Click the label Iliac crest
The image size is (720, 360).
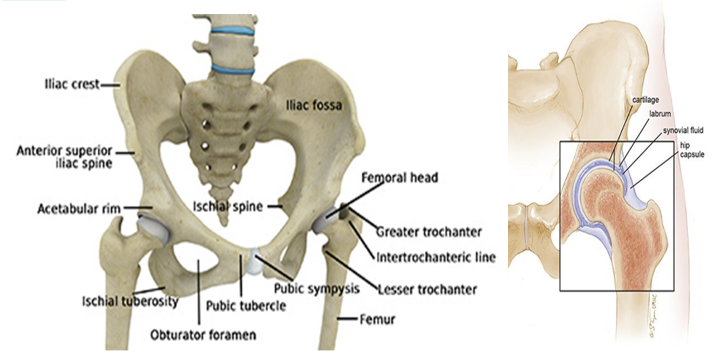point(71,84)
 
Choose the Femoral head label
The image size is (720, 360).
point(399,177)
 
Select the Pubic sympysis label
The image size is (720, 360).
point(316,288)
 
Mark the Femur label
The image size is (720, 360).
point(377,319)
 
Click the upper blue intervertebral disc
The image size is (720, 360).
point(232,31)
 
